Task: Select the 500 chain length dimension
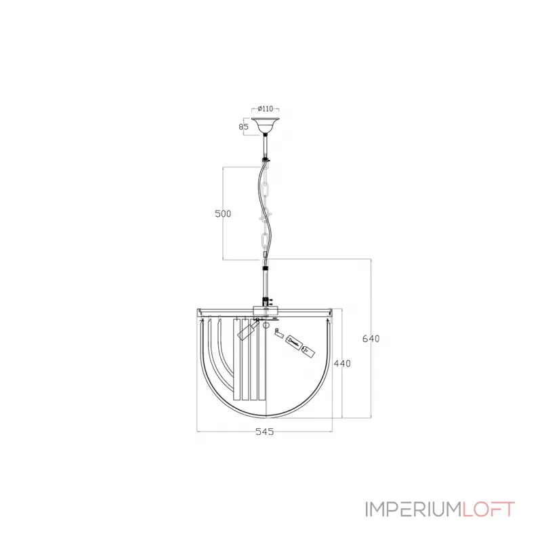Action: tap(223, 213)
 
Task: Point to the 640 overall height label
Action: tap(372, 338)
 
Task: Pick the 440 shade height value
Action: tap(343, 364)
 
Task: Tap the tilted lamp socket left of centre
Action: tap(245, 331)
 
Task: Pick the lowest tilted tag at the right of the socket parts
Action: tap(309, 352)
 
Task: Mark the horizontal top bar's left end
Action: tap(199, 312)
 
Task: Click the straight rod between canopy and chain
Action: tap(266, 146)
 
